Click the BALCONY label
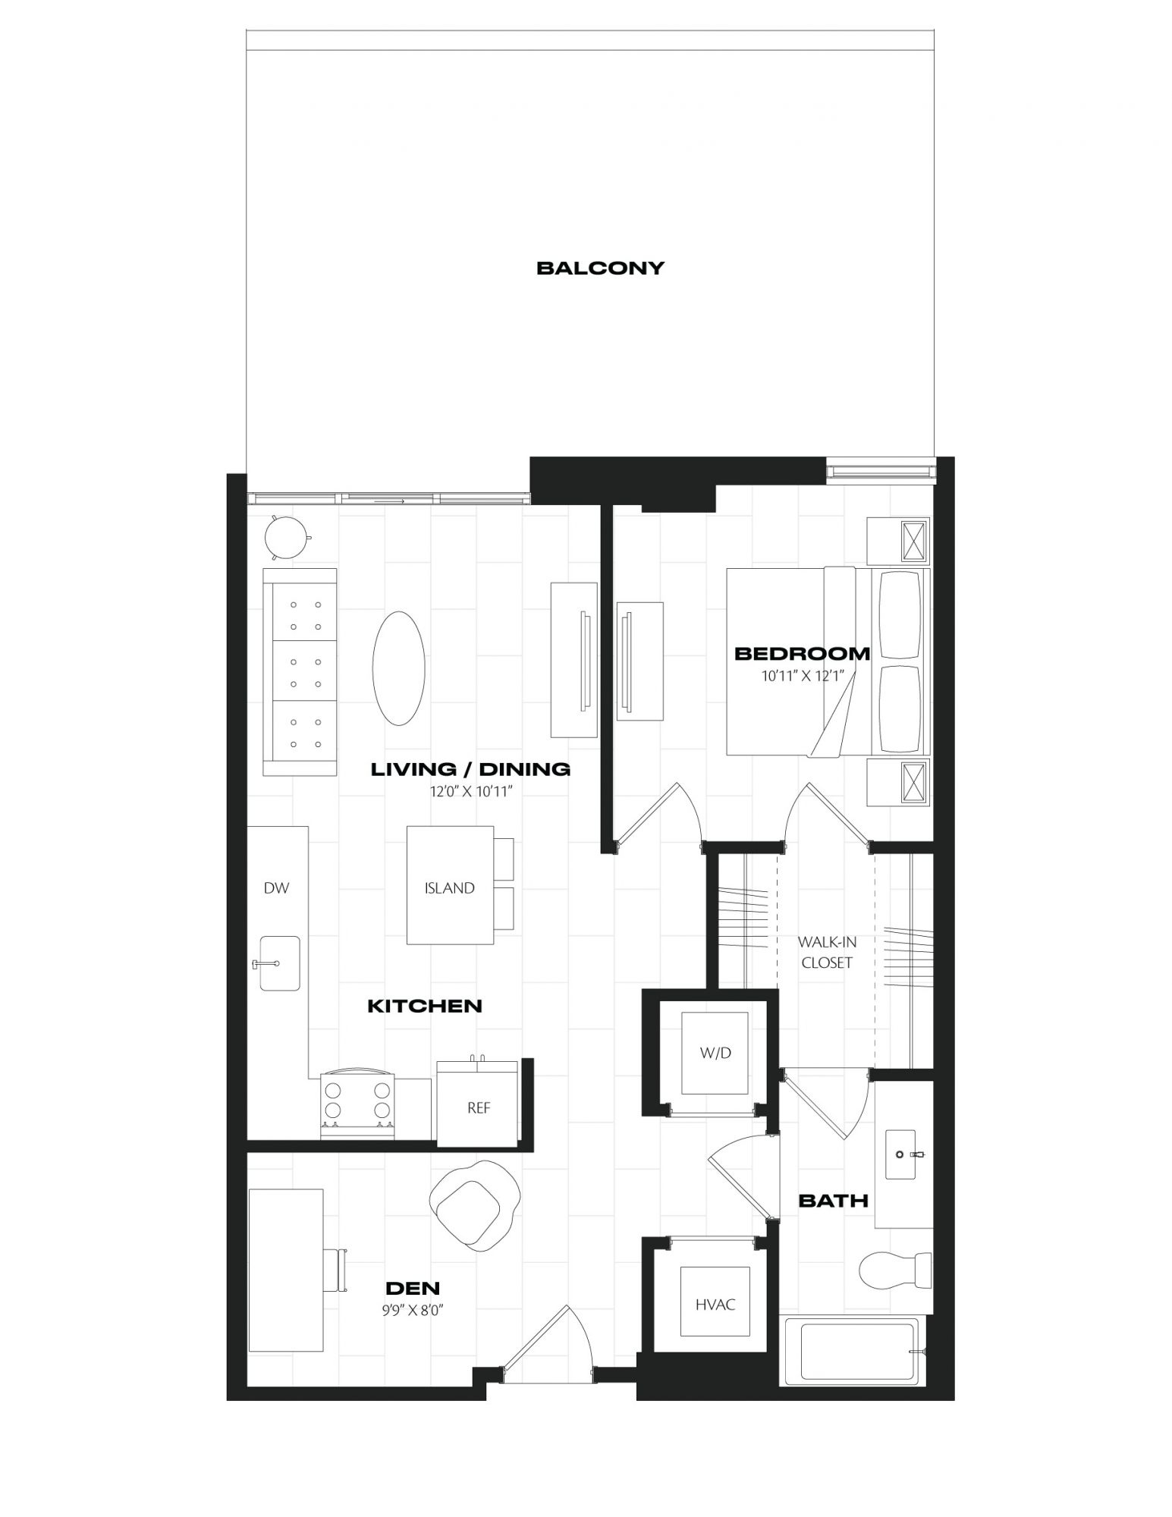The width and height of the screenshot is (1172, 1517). click(600, 268)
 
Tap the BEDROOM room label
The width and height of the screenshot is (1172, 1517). click(803, 653)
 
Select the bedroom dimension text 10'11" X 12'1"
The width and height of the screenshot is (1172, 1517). click(803, 675)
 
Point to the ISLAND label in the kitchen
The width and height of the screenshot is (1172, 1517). click(449, 888)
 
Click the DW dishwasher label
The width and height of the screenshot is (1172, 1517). click(276, 888)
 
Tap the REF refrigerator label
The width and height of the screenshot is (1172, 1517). click(479, 1108)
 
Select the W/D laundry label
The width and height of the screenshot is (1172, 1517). click(716, 1053)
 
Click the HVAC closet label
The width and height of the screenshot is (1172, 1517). click(715, 1305)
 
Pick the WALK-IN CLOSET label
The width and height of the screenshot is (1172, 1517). click(827, 952)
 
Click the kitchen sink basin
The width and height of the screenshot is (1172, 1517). click(280, 963)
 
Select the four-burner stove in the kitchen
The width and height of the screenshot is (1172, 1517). click(358, 1101)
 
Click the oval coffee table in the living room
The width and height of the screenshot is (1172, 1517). click(398, 667)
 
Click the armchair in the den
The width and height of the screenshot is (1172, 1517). click(476, 1205)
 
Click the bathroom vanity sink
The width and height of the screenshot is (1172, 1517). click(906, 1154)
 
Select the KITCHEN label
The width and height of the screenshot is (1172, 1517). click(425, 1007)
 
